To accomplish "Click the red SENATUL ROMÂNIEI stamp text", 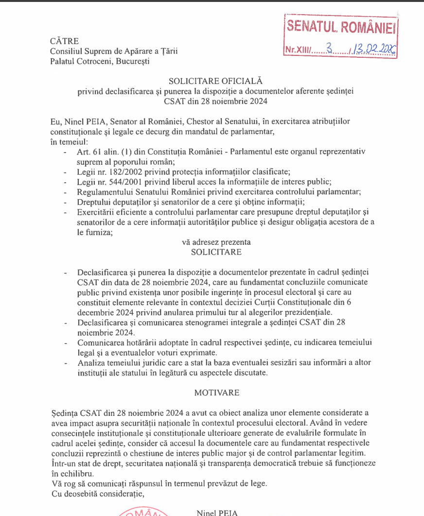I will pos(341,27).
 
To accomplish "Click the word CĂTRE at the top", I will pos(64,41).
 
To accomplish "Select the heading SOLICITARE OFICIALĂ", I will pos(215,81).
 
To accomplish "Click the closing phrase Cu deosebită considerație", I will pos(98,494).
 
